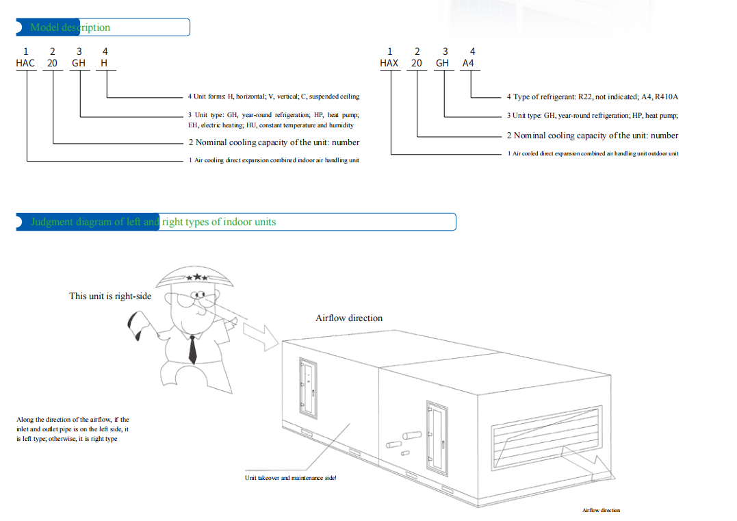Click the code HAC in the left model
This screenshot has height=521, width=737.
[25, 63]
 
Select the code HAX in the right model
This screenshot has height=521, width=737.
[389, 63]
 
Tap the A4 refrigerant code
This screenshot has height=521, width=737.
[468, 63]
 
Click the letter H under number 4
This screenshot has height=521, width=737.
[104, 63]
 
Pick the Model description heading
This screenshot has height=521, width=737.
[70, 27]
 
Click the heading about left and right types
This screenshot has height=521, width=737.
[153, 222]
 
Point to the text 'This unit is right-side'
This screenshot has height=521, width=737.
[110, 296]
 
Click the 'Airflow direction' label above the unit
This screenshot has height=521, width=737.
[349, 318]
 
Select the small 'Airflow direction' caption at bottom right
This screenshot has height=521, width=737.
[601, 510]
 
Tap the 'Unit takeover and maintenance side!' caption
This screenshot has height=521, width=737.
[290, 478]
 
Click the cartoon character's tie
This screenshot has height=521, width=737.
[192, 348]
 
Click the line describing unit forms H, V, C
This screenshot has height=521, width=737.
[274, 97]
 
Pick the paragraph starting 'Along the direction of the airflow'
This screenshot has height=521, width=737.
[73, 429]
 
